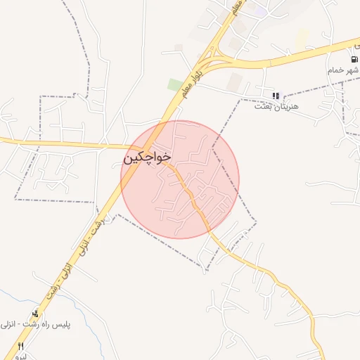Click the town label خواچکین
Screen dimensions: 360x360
point(147,157)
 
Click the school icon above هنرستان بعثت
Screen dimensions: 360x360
point(276,95)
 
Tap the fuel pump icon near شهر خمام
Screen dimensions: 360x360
point(353,59)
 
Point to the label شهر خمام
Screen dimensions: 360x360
point(342,70)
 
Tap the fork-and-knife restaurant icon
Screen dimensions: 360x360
point(20,346)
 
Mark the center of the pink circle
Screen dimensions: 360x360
point(180,179)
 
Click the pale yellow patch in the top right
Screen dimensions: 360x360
point(302,39)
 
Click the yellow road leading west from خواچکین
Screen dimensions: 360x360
point(56,143)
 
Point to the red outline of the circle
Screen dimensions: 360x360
point(239,179)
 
